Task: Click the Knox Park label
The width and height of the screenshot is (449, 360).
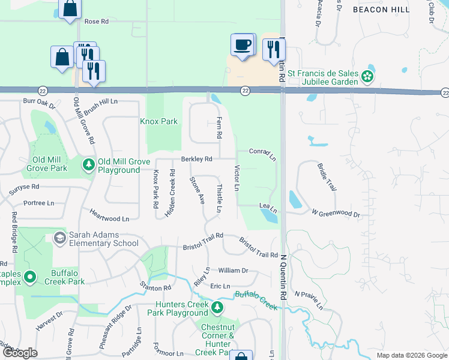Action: pyautogui.click(x=159, y=121)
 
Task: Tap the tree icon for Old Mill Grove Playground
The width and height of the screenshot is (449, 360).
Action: pyautogui.click(x=89, y=164)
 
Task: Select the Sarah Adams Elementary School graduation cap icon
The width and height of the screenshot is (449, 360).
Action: pyautogui.click(x=59, y=239)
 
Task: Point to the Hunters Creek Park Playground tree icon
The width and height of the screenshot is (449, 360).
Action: pyautogui.click(x=217, y=308)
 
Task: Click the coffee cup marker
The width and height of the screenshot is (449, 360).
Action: pyautogui.click(x=243, y=44)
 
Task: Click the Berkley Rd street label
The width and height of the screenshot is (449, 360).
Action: pyautogui.click(x=197, y=159)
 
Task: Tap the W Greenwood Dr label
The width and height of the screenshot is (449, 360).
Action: pyautogui.click(x=336, y=214)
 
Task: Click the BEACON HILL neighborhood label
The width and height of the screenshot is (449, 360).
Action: pyautogui.click(x=381, y=10)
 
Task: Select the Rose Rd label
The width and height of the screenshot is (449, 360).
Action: pyautogui.click(x=96, y=21)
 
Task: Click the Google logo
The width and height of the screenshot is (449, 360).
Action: pyautogui.click(x=19, y=353)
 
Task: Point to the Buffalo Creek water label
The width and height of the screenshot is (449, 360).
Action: pyautogui.click(x=256, y=300)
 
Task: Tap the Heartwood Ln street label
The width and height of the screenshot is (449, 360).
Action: pyautogui.click(x=109, y=215)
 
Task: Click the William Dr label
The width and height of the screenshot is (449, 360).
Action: pyautogui.click(x=233, y=271)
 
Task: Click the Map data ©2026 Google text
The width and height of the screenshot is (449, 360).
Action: pyautogui.click(x=411, y=355)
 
